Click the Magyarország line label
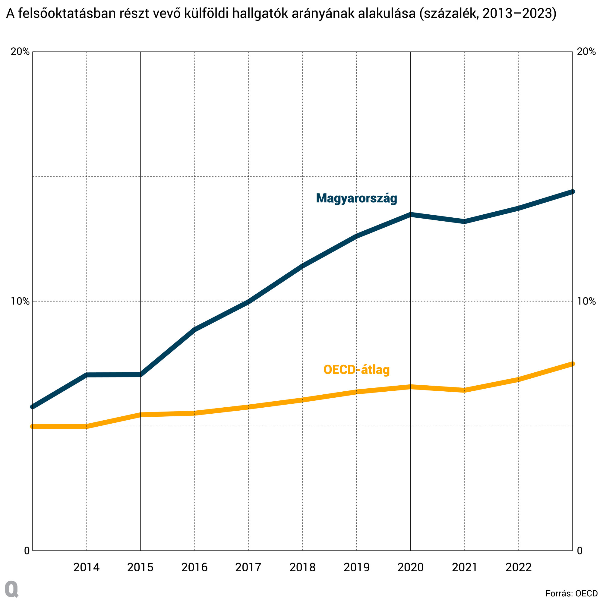pyautogui.click(x=356, y=198)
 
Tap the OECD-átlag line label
pyautogui.click(x=356, y=370)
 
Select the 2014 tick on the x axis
pyautogui.click(x=87, y=567)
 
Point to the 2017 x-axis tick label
pyautogui.click(x=248, y=567)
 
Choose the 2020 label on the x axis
pyautogui.click(x=410, y=567)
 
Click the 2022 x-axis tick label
pyautogui.click(x=518, y=567)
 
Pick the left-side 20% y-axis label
pyautogui.click(x=20, y=52)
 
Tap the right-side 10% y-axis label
pyautogui.click(x=586, y=301)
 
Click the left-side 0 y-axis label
pyautogui.click(x=27, y=551)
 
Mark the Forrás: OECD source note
pyautogui.click(x=571, y=593)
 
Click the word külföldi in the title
pyautogui.click(x=206, y=14)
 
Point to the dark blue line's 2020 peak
pyautogui.click(x=410, y=214)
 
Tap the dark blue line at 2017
pyautogui.click(x=248, y=302)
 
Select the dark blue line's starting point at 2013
pyautogui.click(x=33, y=407)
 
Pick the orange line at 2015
pyautogui.click(x=140, y=415)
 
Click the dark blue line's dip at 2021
pyautogui.click(x=464, y=222)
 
